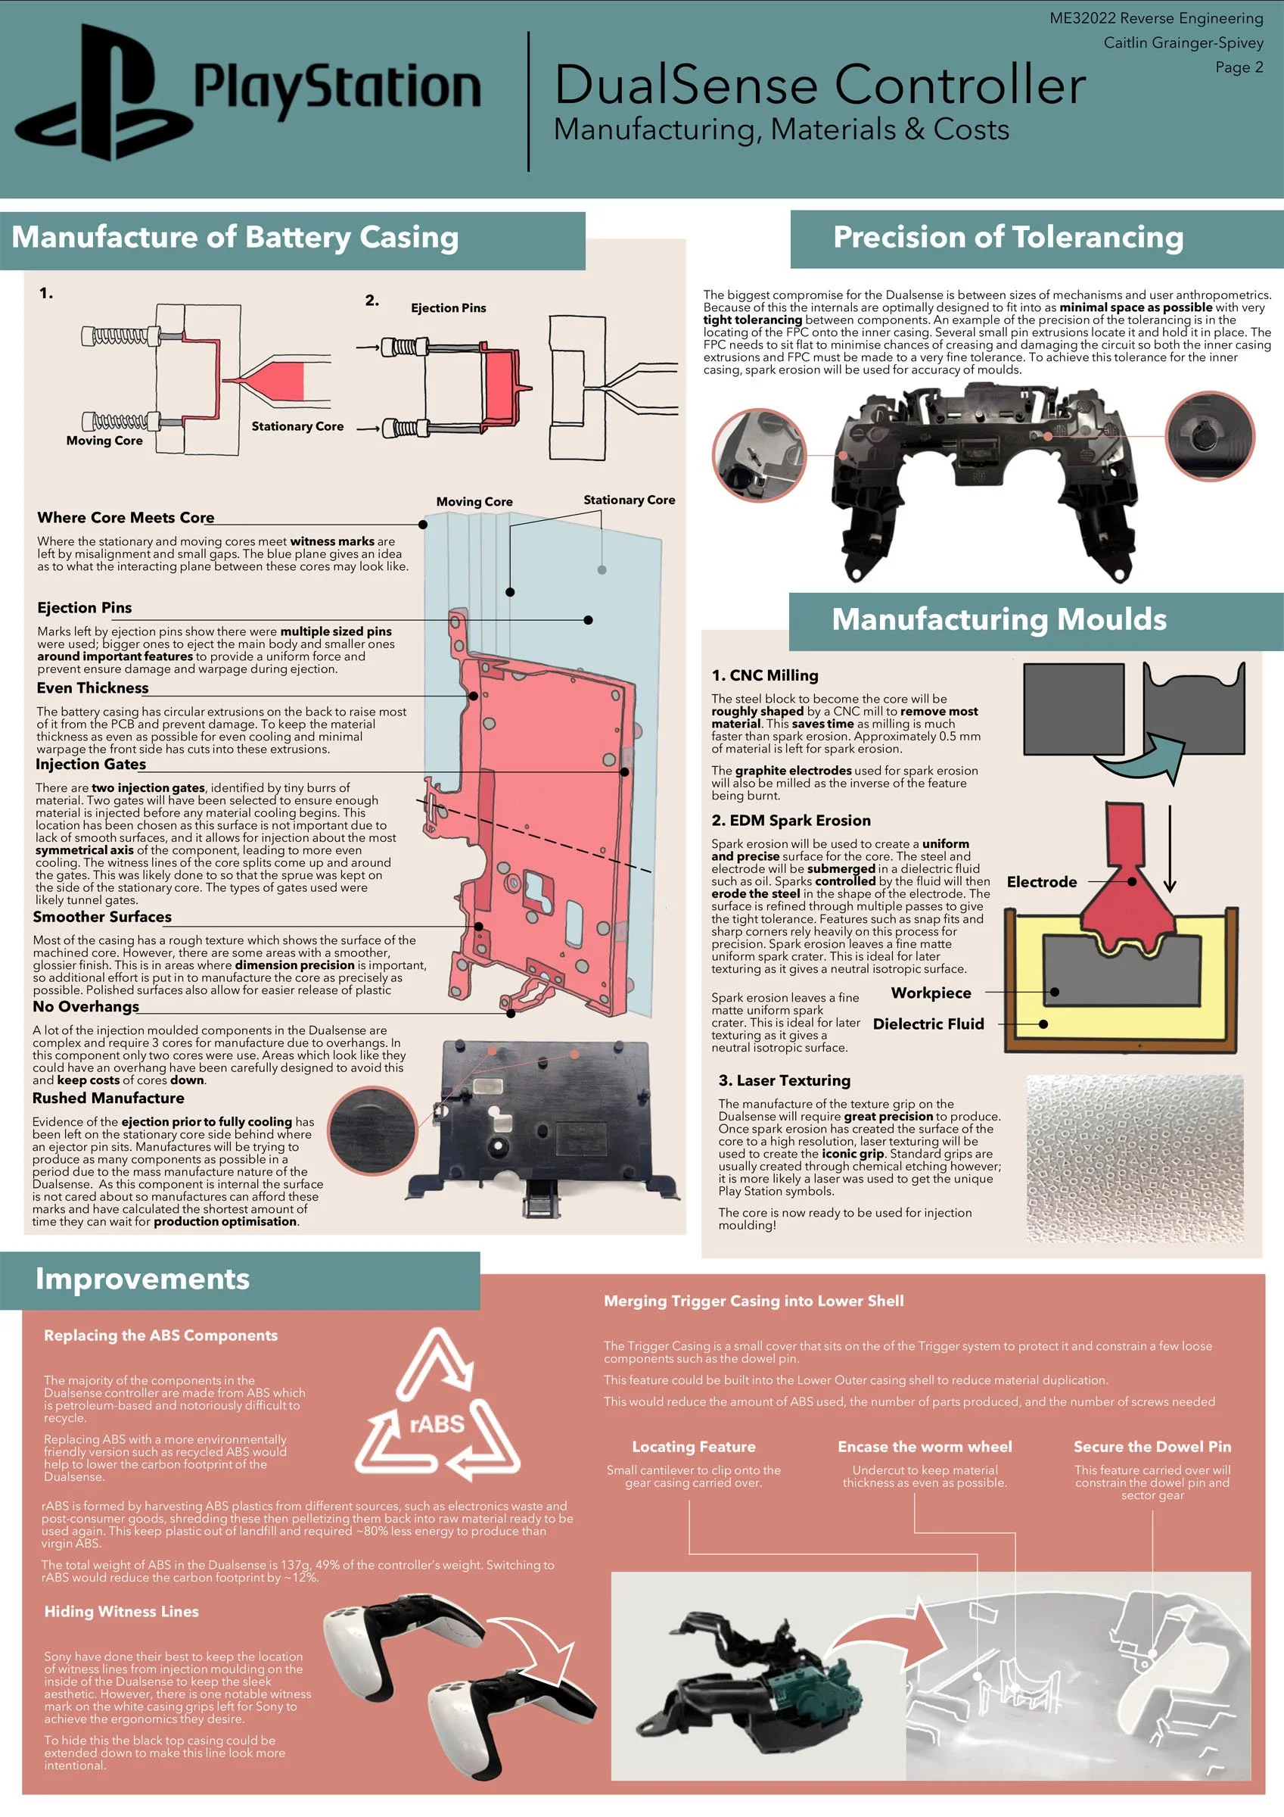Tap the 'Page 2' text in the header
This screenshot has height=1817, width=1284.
[x=1239, y=67]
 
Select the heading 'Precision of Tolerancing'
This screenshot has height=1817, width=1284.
[x=1008, y=238]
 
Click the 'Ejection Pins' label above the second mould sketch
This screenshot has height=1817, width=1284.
[x=448, y=308]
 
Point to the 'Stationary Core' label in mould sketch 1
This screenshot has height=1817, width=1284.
[x=297, y=425]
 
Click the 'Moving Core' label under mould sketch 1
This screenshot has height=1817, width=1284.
[x=104, y=441]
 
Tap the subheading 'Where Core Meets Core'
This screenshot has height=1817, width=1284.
[x=126, y=518]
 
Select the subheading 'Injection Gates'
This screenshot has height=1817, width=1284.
[x=91, y=764]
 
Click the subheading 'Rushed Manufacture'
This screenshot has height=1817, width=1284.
[x=108, y=1098]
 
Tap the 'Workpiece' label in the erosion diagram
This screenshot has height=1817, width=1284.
[x=931, y=993]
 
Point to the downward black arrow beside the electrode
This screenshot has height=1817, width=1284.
[x=1169, y=849]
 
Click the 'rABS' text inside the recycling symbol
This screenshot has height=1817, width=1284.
[x=437, y=1425]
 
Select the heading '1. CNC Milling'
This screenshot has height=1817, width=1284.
[x=765, y=675]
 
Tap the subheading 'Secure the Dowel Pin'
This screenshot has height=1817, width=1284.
[x=1152, y=1447]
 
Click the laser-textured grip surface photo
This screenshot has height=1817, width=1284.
[x=1134, y=1158]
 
